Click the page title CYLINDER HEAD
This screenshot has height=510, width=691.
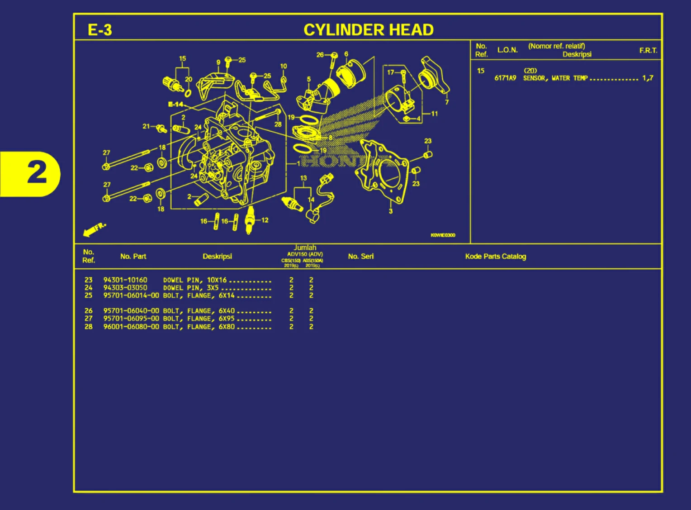[368, 30]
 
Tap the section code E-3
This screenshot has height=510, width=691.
[99, 30]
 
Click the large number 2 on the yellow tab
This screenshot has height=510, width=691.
[37, 172]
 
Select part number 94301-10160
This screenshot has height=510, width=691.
[125, 280]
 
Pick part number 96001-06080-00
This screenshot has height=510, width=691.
[131, 327]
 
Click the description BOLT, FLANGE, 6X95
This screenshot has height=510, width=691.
[199, 319]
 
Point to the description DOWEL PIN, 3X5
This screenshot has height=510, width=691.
[191, 288]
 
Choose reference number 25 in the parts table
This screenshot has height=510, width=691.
[89, 296]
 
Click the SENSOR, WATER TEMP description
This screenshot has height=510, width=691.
[555, 78]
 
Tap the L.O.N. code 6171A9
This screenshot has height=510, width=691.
[505, 78]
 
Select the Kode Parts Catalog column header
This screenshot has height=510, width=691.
[495, 257]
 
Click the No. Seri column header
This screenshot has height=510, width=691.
[361, 257]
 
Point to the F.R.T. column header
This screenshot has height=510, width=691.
[648, 50]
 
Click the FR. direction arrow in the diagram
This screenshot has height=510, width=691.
[94, 229]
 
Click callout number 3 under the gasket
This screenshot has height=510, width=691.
[391, 211]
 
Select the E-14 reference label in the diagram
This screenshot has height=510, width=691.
[175, 105]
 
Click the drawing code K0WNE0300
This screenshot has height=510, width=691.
[443, 235]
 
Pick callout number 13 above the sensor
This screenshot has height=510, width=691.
[303, 178]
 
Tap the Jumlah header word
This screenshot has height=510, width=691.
[305, 248]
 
